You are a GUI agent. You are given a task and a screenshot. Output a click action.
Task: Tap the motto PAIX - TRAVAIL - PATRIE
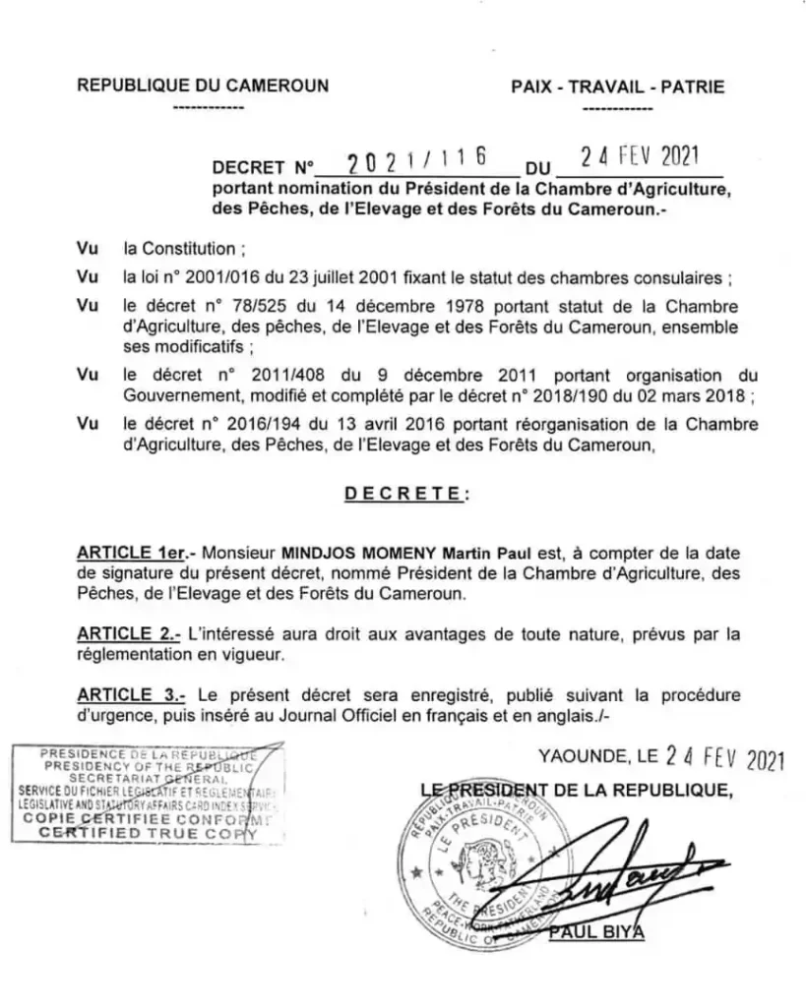618,87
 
